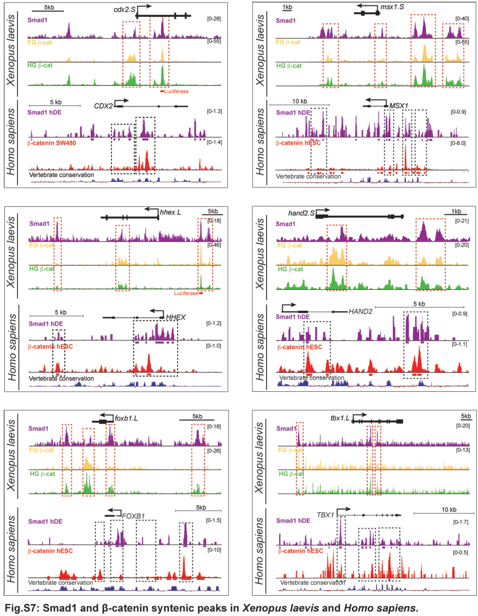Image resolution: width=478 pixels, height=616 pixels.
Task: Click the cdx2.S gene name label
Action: point(124,10)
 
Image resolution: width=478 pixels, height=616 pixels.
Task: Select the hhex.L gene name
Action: point(170,212)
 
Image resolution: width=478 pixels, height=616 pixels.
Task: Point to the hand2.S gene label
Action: point(301,213)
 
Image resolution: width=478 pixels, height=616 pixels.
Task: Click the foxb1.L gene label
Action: point(126,418)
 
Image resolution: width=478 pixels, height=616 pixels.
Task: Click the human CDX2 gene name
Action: point(103,106)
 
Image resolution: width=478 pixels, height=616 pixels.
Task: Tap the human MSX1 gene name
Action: point(399,106)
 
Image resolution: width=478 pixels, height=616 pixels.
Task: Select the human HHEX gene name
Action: point(176,317)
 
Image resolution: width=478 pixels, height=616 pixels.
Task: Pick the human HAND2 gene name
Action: point(360,311)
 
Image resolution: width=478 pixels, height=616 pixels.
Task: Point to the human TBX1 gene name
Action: point(325,515)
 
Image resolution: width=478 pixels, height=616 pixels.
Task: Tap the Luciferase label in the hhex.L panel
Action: point(186,293)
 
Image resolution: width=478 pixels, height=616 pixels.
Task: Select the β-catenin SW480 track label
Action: point(52,143)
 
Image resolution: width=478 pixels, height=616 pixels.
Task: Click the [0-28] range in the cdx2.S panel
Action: point(214,19)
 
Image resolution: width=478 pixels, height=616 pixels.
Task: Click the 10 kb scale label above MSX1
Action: point(300,101)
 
